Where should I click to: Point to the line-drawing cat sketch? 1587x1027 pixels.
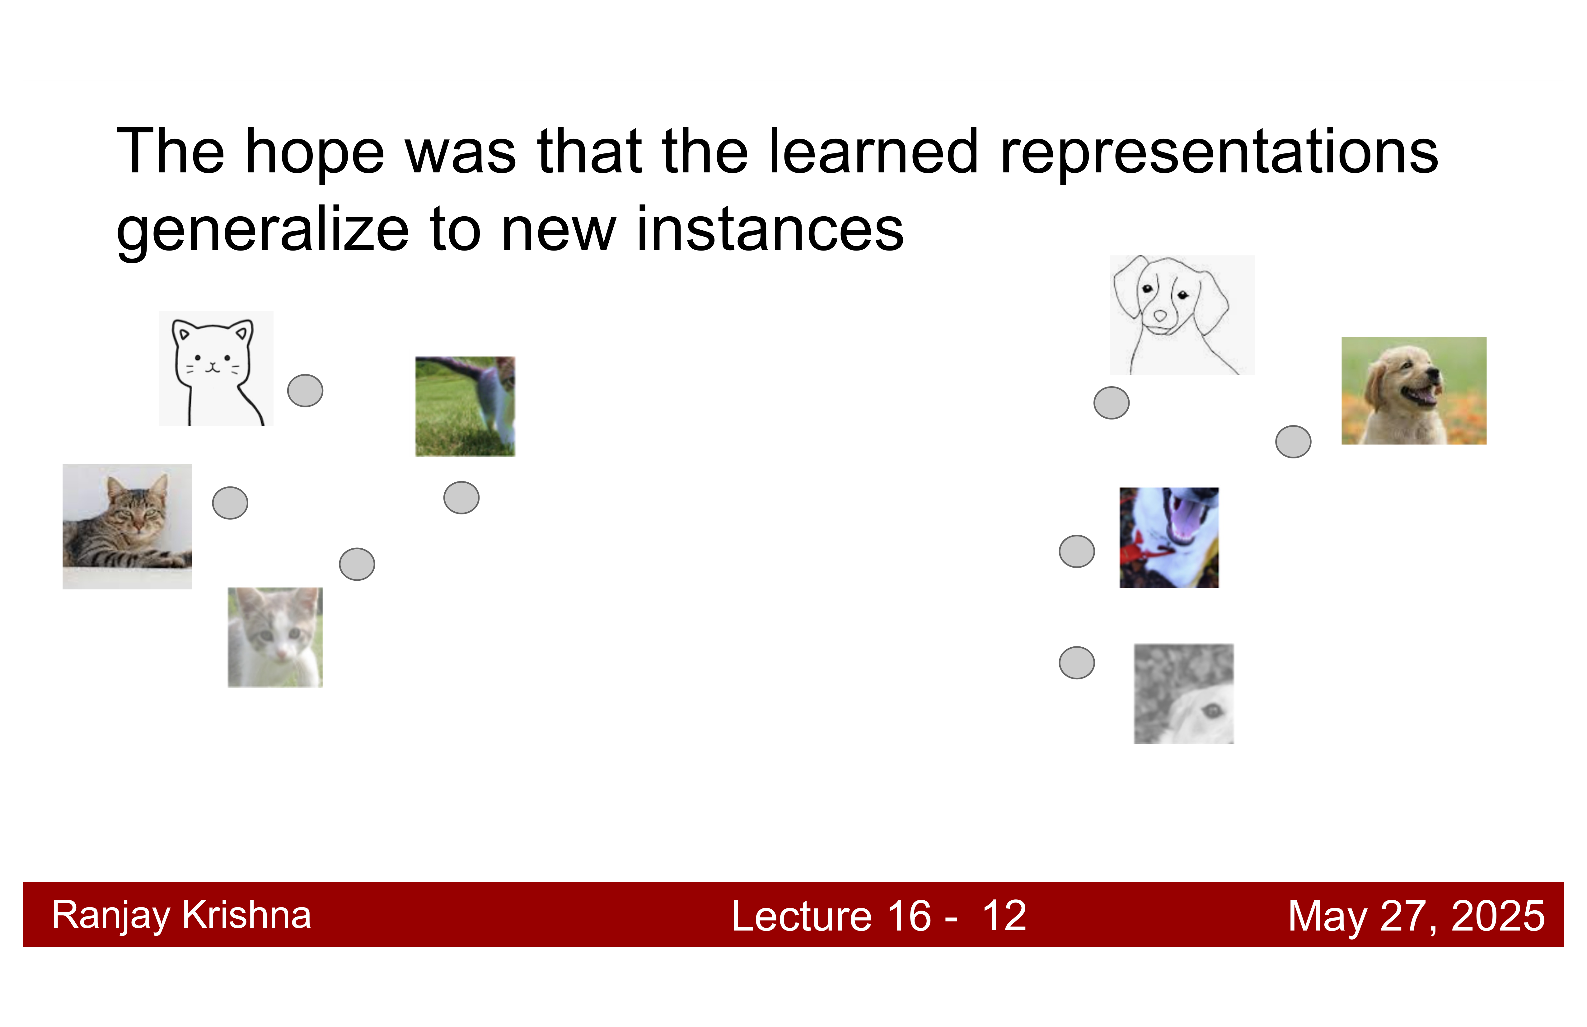216,369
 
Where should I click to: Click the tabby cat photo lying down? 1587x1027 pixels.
127,526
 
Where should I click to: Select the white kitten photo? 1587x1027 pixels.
275,638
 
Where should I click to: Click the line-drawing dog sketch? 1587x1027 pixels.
1182,315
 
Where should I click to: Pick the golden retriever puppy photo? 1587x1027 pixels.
1414,391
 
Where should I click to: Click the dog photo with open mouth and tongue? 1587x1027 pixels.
1169,537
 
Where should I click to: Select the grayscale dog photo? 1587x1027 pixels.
1184,694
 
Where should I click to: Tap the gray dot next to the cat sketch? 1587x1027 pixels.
305,391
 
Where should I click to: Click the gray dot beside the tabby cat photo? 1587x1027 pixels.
230,503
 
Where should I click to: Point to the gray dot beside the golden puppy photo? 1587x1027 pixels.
1294,442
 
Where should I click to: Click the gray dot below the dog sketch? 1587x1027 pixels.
1112,403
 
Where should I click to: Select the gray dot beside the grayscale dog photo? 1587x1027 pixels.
1077,663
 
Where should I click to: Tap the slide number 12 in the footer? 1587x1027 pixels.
1004,916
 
